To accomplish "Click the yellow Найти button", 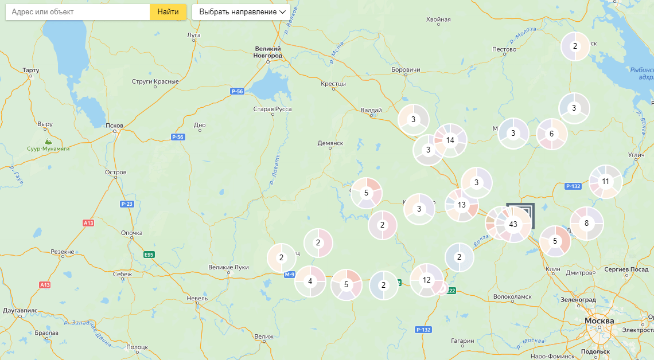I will tap(168, 11).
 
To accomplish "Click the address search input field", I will tap(77, 11).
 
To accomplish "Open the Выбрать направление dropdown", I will tap(241, 11).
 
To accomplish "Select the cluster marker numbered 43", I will tap(513, 224).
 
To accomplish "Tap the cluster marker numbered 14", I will tap(450, 140).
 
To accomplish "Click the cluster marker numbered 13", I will tap(461, 205).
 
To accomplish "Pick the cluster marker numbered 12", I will tap(426, 280).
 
